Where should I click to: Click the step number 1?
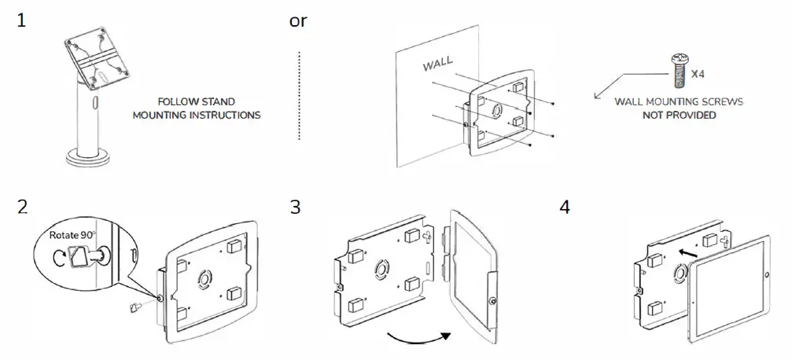click(22, 21)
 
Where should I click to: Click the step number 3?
click(296, 208)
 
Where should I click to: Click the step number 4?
click(564, 208)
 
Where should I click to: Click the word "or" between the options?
click(298, 20)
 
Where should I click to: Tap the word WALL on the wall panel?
click(438, 63)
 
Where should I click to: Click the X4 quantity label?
click(697, 74)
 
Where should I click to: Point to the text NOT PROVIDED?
click(678, 115)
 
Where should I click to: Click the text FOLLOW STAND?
click(196, 101)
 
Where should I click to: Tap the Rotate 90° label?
click(72, 235)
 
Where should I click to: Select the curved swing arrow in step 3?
click(421, 337)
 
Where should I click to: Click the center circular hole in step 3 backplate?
click(379, 268)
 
